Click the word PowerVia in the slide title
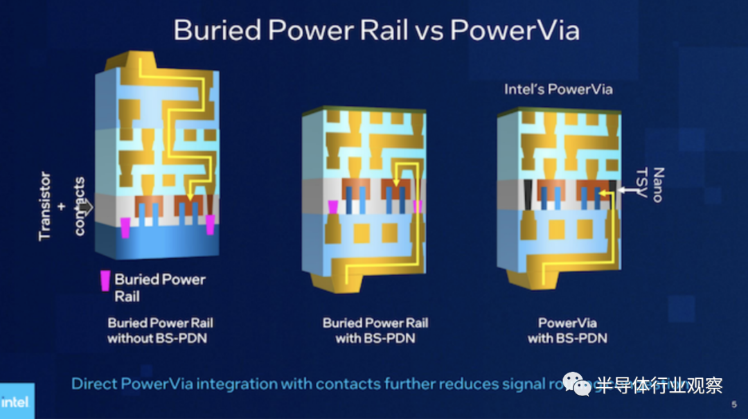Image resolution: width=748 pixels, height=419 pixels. point(514,30)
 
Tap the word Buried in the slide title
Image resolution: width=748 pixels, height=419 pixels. point(217,30)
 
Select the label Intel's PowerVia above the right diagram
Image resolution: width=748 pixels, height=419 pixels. point(558,89)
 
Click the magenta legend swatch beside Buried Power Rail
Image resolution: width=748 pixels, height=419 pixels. point(105,280)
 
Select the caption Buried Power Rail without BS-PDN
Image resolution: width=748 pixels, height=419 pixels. point(160,330)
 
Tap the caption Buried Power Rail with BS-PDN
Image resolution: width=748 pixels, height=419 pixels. point(375,330)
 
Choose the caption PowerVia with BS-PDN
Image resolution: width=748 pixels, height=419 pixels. point(567,330)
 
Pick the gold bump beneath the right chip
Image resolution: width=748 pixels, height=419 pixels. point(533,278)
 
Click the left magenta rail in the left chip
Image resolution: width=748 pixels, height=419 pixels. point(125,228)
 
